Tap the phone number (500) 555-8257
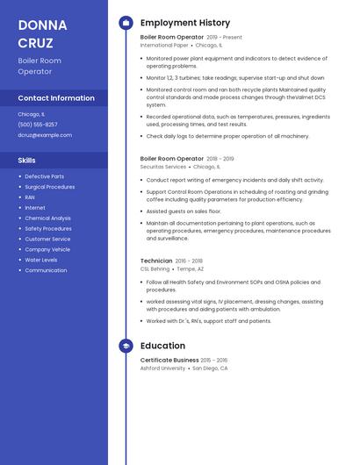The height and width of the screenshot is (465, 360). [38, 125]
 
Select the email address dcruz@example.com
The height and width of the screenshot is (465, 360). [45, 135]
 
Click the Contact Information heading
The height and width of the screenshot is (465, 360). [56, 98]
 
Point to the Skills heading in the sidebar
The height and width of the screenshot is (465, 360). [27, 161]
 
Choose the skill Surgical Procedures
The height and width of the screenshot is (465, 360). [50, 187]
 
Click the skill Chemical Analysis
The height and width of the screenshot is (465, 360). [48, 218]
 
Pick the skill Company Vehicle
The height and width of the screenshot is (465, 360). [47, 249]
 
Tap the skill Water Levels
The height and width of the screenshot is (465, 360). [41, 260]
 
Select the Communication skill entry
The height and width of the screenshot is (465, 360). [46, 270]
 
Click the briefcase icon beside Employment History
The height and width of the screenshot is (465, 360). [126, 23]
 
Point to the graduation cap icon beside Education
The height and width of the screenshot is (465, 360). [126, 347]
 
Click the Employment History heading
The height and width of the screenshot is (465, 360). [185, 23]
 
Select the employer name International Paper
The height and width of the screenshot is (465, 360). [163, 45]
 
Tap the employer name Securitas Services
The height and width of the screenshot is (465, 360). [163, 166]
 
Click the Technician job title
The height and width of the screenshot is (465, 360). [156, 261]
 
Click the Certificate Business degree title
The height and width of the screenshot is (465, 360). [169, 360]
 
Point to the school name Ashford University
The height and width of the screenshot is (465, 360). [162, 368]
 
